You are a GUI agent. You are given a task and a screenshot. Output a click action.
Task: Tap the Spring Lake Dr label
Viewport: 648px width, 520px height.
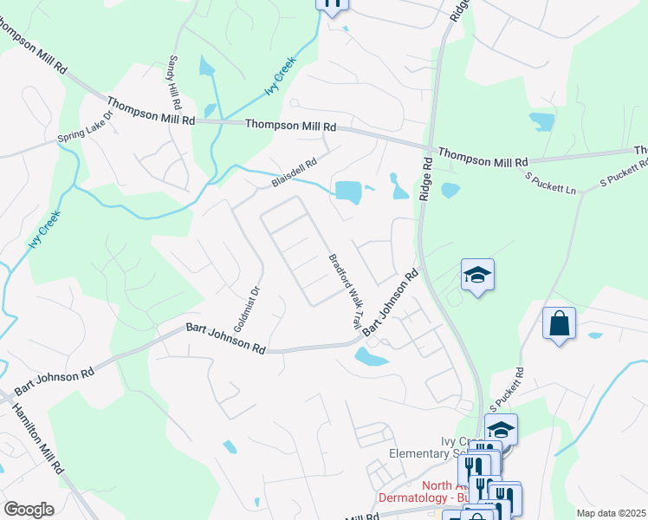pyautogui.click(x=85, y=127)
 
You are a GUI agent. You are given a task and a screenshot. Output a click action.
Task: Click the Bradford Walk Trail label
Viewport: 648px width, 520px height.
pyautogui.click(x=343, y=291)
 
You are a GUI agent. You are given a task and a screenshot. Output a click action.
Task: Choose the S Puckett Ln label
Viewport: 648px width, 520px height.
pyautogui.click(x=552, y=183)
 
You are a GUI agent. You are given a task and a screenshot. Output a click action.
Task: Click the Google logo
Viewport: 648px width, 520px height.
pyautogui.click(x=29, y=510)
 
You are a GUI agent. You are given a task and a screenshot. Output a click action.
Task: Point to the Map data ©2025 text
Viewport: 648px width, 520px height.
pyautogui.click(x=610, y=513)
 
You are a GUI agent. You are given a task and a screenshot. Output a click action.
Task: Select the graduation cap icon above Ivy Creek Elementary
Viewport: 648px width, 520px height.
pyautogui.click(x=500, y=429)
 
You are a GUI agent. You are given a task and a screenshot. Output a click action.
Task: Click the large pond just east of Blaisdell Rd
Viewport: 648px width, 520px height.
pyautogui.click(x=348, y=192)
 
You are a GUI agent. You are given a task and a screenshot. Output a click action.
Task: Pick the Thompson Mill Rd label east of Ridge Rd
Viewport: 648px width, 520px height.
pyautogui.click(x=483, y=158)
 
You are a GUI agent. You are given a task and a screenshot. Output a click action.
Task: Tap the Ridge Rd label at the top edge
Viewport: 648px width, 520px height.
pyautogui.click(x=457, y=10)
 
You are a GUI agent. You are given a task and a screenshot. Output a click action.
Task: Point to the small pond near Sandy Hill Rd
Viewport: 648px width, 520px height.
pyautogui.click(x=205, y=65)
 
